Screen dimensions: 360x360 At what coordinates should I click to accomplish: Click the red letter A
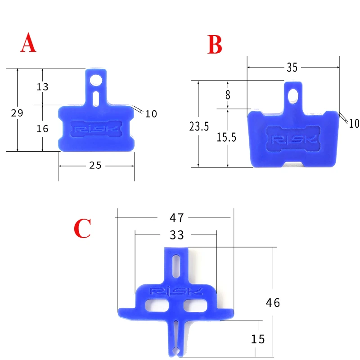pos(28,42)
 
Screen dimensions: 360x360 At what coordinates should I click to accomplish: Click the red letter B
pos(215,45)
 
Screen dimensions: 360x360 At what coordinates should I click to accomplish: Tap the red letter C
pos(82,228)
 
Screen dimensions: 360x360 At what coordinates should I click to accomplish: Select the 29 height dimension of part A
pos(17,113)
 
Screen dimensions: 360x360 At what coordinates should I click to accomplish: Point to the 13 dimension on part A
pos(42,87)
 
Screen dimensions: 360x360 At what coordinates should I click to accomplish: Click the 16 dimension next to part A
pos(42,129)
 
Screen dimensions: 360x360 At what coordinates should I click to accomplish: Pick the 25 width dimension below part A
pos(95,165)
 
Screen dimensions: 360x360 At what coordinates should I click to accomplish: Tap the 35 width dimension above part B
pos(292,67)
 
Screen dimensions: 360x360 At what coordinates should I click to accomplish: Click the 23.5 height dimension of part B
pos(199,126)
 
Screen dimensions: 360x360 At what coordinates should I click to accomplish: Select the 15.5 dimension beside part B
pos(226,137)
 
